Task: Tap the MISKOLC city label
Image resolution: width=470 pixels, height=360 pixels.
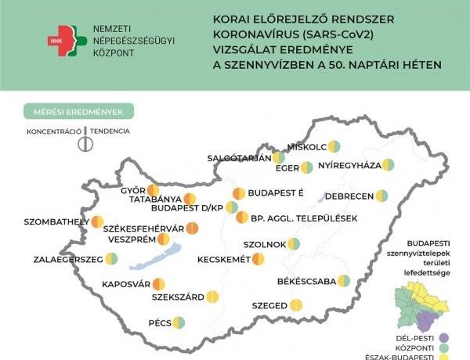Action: [x=306, y=146]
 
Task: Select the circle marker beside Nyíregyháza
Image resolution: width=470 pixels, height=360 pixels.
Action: [x=388, y=165]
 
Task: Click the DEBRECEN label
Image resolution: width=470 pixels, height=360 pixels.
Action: [x=347, y=196]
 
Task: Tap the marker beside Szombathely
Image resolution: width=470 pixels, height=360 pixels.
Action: [x=97, y=222]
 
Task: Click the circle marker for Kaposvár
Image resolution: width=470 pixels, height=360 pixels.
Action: [x=158, y=284]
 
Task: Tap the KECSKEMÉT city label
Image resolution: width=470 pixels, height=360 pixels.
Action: [x=224, y=259]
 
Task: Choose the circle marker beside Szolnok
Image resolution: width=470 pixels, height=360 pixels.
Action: [x=294, y=244]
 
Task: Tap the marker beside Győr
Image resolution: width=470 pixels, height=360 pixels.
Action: [x=154, y=190]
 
